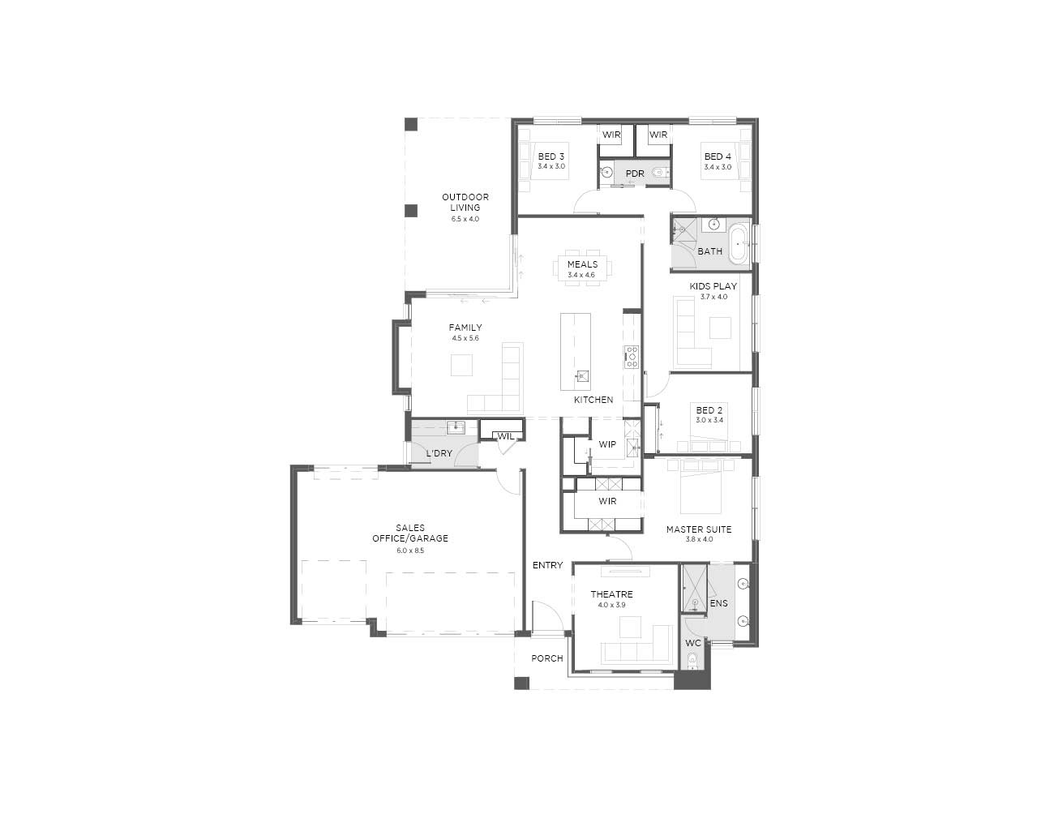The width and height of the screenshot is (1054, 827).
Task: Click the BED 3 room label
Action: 551,156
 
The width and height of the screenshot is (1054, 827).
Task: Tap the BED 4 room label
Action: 718,156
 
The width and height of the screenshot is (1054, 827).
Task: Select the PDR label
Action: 635,174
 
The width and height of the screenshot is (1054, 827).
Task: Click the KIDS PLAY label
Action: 713,286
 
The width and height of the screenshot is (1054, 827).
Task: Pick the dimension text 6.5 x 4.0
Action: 465,219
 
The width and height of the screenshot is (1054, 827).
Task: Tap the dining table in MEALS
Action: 582,268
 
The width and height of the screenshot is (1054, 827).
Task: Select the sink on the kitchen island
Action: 582,375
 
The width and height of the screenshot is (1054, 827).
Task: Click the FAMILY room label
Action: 465,328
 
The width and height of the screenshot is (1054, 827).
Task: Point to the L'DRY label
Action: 439,453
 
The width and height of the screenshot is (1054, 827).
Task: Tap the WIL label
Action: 505,436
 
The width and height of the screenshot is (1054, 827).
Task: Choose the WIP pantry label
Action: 607,444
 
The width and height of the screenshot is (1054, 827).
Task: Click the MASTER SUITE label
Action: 698,529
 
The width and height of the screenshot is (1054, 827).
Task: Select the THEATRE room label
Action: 611,594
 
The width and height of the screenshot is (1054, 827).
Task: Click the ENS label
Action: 718,603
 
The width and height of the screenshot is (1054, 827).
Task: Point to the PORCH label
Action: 547,658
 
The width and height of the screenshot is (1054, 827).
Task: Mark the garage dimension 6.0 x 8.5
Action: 410,551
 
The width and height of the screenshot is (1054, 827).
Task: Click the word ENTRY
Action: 547,565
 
